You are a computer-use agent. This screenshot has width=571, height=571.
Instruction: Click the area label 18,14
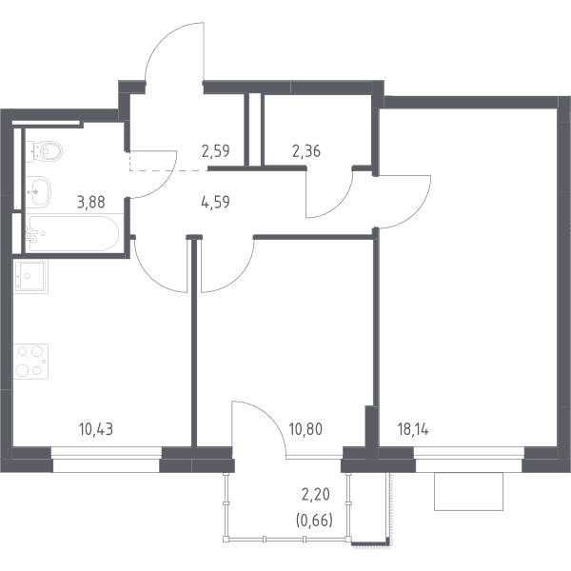pyautogui.click(x=413, y=430)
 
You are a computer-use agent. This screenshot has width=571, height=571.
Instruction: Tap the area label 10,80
pyautogui.click(x=305, y=430)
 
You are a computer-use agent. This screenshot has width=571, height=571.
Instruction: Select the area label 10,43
pyautogui.click(x=96, y=430)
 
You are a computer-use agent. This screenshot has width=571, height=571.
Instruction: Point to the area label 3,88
pyautogui.click(x=91, y=202)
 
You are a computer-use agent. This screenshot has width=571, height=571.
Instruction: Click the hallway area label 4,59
pyautogui.click(x=216, y=202)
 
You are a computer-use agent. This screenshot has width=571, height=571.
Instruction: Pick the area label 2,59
pyautogui.click(x=216, y=150)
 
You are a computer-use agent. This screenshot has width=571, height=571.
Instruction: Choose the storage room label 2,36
pyautogui.click(x=306, y=150)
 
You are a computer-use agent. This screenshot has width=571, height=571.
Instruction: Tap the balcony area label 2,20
pyautogui.click(x=316, y=495)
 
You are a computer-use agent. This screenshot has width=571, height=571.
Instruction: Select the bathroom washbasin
pyautogui.click(x=38, y=192)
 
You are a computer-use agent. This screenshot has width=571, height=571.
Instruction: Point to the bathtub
pyautogui.click(x=73, y=234)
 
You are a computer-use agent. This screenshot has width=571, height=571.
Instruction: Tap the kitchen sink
pyautogui.click(x=30, y=276)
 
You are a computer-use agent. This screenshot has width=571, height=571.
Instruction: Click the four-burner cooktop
pyautogui.click(x=31, y=362)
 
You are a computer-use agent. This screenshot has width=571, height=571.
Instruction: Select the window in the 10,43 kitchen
pyautogui.click(x=106, y=460)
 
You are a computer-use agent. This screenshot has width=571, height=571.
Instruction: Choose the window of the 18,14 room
pyautogui.click(x=469, y=460)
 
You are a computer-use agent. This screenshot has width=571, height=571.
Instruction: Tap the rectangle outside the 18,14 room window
pyautogui.click(x=468, y=491)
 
